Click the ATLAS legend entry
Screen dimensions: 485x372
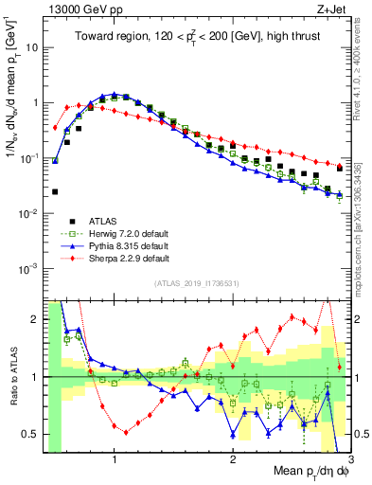pyautogui.click(x=105, y=221)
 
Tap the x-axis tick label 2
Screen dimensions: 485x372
pyautogui.click(x=233, y=458)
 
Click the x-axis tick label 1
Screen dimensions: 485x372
pyautogui.click(x=115, y=458)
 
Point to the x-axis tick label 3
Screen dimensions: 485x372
pyautogui.click(x=350, y=458)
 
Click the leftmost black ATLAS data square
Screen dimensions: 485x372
pyautogui.click(x=55, y=191)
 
